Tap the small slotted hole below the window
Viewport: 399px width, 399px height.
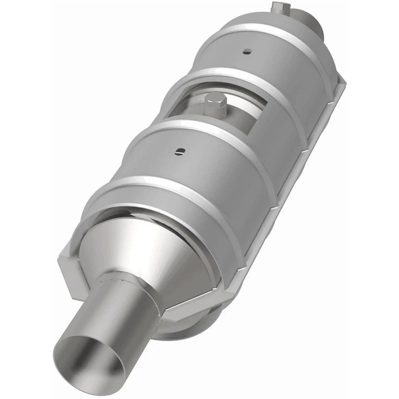(179, 152)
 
